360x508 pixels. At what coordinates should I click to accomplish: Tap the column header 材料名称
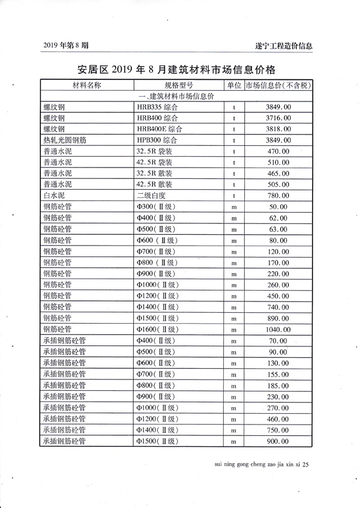87,85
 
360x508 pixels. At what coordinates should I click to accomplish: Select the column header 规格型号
179,85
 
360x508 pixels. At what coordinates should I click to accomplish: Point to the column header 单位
234,85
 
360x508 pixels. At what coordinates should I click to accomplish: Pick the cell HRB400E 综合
159,129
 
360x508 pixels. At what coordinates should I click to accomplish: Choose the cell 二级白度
152,195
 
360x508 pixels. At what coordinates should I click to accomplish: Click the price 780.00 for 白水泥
277,195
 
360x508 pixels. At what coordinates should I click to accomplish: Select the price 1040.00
278,329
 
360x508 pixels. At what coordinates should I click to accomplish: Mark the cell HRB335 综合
157,107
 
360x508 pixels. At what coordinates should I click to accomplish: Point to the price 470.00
277,151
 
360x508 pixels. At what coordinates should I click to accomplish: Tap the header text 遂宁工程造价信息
283,46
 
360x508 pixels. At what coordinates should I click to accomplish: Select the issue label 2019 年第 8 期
67,46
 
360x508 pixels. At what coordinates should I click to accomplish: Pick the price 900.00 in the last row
277,441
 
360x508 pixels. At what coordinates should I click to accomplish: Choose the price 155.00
277,374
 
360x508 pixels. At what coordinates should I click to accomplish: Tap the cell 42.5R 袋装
154,162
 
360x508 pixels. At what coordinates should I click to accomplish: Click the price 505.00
277,184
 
